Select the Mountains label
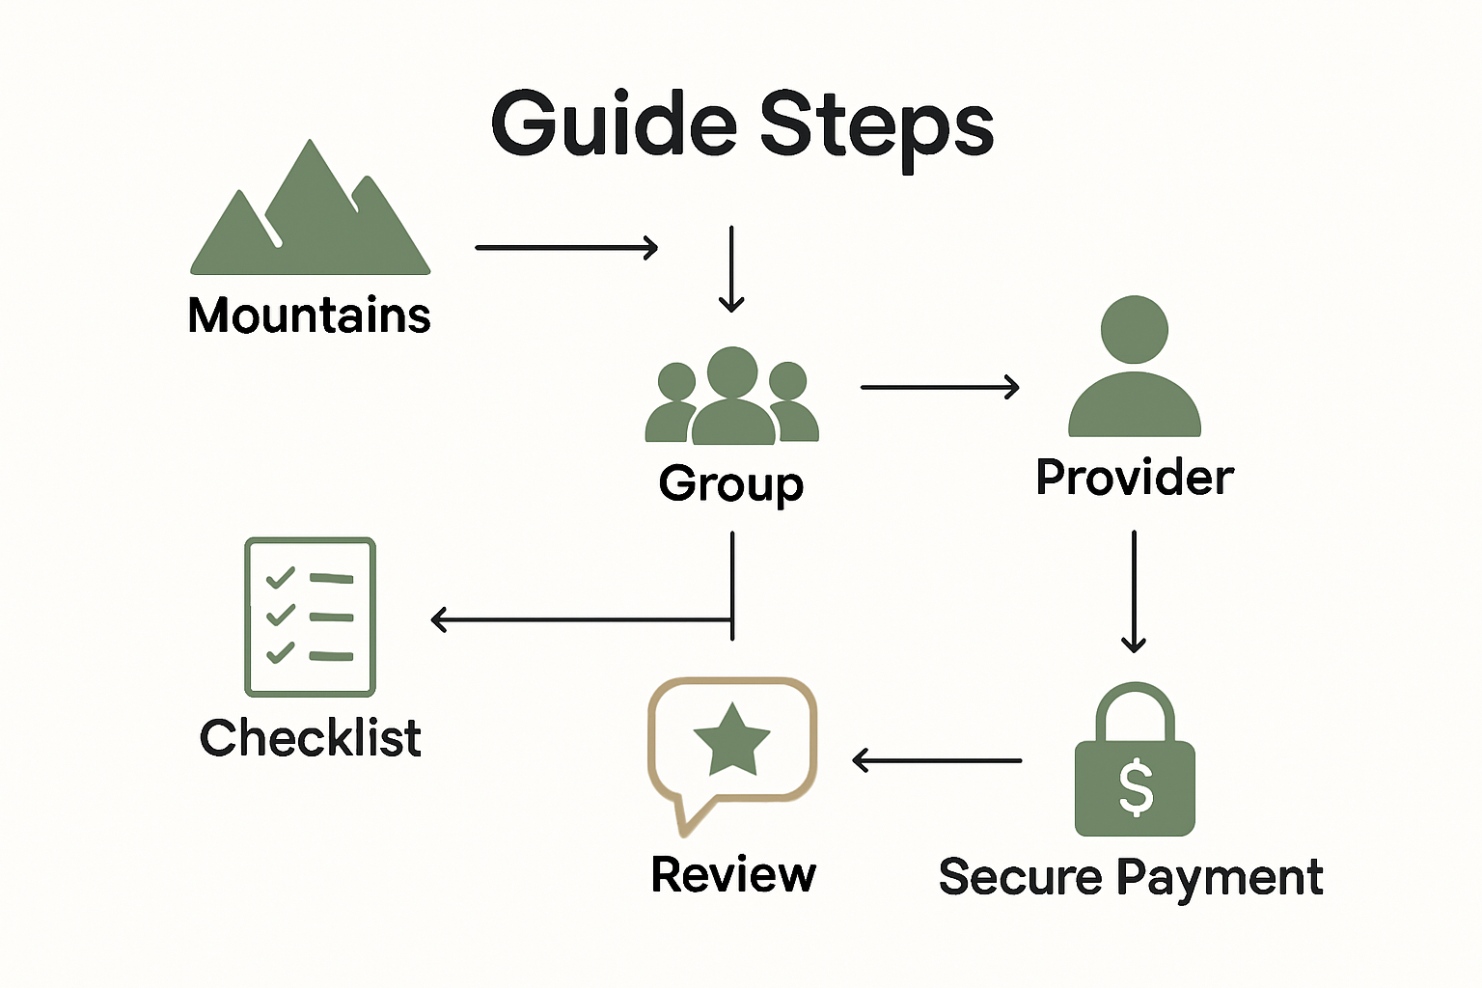coord(309,316)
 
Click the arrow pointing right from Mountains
coord(566,248)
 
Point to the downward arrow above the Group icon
coord(731,269)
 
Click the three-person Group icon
coord(731,397)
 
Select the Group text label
coord(730,482)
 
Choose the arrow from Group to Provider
coord(939,387)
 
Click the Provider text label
coord(1135,478)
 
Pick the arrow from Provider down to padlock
coord(1134,591)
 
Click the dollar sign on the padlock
coord(1135,786)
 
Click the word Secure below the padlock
coord(1020,877)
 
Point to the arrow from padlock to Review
coord(937,760)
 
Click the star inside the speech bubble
coord(731,740)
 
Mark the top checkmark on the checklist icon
coord(280,578)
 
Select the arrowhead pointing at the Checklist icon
coord(439,619)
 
